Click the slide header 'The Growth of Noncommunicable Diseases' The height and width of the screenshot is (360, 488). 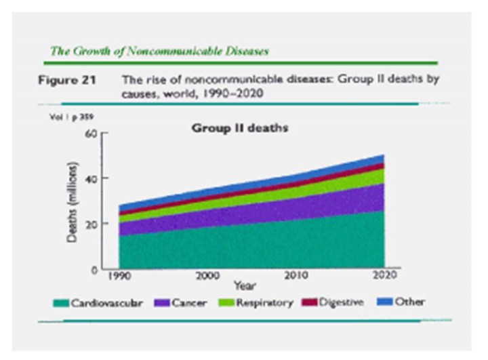tap(160, 52)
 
